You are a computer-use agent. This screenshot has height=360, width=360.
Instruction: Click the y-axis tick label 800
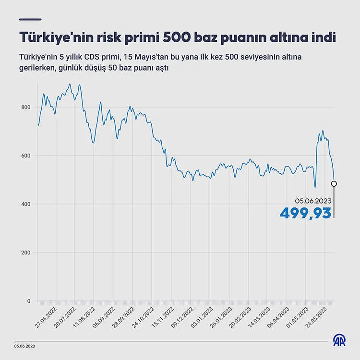pyautogui.click(x=25, y=107)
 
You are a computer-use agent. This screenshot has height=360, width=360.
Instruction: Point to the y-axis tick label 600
pyautogui.click(x=25, y=156)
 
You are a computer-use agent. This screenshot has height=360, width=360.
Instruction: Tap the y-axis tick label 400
pyautogui.click(x=25, y=204)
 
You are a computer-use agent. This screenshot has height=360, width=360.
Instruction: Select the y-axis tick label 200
pyautogui.click(x=25, y=252)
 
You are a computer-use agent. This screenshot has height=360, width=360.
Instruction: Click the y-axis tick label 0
pyautogui.click(x=28, y=301)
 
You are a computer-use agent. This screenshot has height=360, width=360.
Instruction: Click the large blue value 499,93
pyautogui.click(x=306, y=213)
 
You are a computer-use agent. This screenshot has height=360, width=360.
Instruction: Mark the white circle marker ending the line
pyautogui.click(x=334, y=183)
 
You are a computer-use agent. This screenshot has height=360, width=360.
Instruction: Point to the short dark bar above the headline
pyautogui.click(x=30, y=20)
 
